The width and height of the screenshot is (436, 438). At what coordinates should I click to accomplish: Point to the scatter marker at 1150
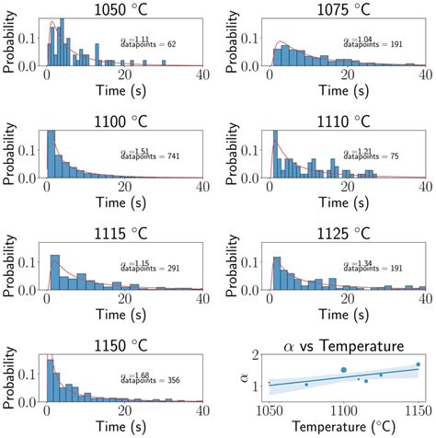tap(419, 364)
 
